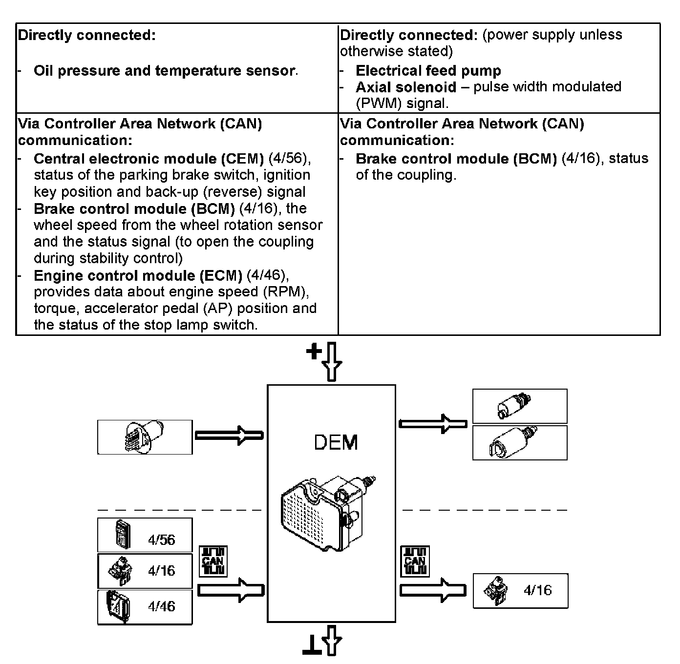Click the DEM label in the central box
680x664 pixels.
coord(336,442)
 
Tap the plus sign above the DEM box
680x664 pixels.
coord(314,352)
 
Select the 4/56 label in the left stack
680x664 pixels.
coord(161,539)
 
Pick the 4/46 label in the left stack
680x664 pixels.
coord(161,606)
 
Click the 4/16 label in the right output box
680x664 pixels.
coord(537,590)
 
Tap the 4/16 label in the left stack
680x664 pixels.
coord(161,570)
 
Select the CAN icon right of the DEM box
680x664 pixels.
coord(415,561)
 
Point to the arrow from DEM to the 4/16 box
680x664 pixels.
coord(432,590)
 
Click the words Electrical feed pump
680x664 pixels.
coord(428,71)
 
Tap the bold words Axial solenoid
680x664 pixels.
coord(405,87)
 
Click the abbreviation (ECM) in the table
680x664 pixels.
coord(221,275)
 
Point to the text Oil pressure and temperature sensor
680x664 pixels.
coord(164,71)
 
